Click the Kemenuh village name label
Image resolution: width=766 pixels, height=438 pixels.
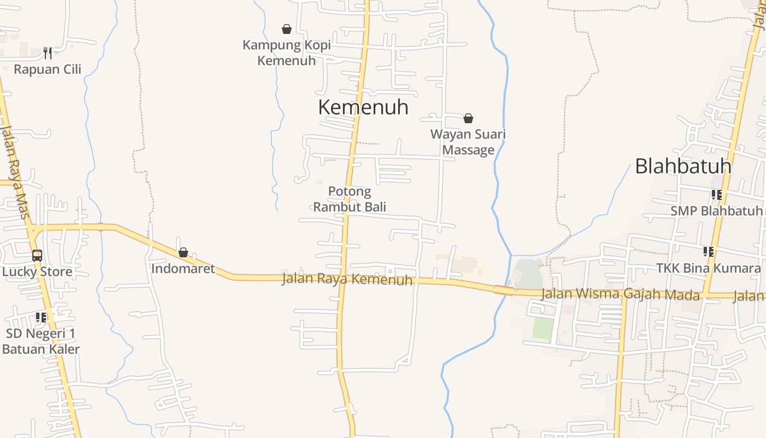363,107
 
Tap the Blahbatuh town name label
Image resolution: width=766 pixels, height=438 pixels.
683,166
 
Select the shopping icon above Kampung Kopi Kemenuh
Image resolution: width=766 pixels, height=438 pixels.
286,29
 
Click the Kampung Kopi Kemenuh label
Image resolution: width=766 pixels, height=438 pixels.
287,53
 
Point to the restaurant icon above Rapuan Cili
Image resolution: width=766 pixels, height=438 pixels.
48,53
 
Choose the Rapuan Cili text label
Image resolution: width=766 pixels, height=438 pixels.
48,69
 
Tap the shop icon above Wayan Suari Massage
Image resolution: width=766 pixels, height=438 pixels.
468,118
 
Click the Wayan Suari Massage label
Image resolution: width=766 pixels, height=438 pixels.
468,142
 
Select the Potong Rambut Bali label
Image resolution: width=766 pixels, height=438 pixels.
350,199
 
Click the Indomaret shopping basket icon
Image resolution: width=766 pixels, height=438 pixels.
183,253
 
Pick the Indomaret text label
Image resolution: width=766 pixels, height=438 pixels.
183,269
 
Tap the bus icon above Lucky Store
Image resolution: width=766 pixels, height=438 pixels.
37,256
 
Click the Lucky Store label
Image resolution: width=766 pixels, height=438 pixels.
37,272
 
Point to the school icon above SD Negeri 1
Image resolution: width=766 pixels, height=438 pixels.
41,318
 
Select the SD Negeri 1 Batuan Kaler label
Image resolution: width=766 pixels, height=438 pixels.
41,341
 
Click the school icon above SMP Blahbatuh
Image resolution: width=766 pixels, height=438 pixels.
716,195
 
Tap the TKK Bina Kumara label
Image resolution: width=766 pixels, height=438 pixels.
709,268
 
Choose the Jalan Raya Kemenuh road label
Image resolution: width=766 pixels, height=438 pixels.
347,279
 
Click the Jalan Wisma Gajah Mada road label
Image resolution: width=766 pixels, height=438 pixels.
620,295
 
